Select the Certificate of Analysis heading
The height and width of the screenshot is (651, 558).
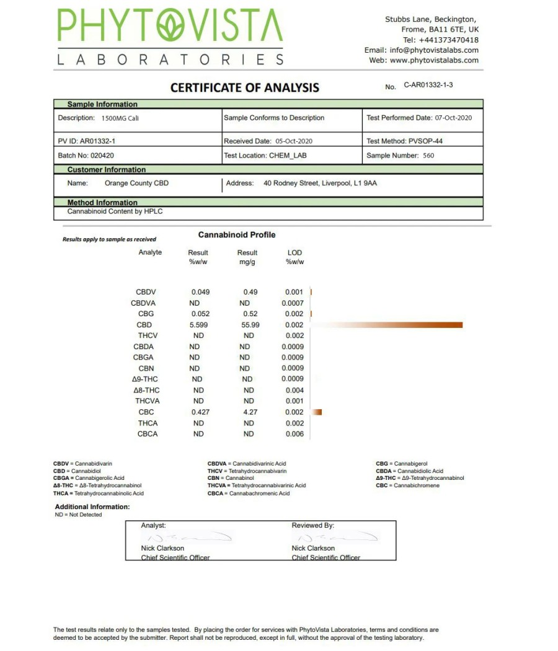(x=245, y=87)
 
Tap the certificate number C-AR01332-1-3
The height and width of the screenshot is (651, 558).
(x=428, y=85)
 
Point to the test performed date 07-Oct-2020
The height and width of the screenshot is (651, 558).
(x=454, y=118)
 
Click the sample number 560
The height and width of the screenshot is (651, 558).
(x=428, y=156)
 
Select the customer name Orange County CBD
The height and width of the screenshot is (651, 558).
(x=136, y=184)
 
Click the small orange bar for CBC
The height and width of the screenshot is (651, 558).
(x=317, y=412)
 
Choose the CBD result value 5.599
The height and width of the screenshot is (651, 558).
(x=201, y=325)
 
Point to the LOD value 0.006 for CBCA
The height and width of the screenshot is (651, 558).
(x=294, y=434)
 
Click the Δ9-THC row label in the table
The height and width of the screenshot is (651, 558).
(x=145, y=379)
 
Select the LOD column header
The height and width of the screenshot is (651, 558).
(x=294, y=253)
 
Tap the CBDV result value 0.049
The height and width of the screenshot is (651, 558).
(x=201, y=292)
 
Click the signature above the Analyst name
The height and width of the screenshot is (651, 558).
(x=186, y=536)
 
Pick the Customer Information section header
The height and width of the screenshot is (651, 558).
(x=107, y=170)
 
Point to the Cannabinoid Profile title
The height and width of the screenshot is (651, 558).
(x=237, y=235)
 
